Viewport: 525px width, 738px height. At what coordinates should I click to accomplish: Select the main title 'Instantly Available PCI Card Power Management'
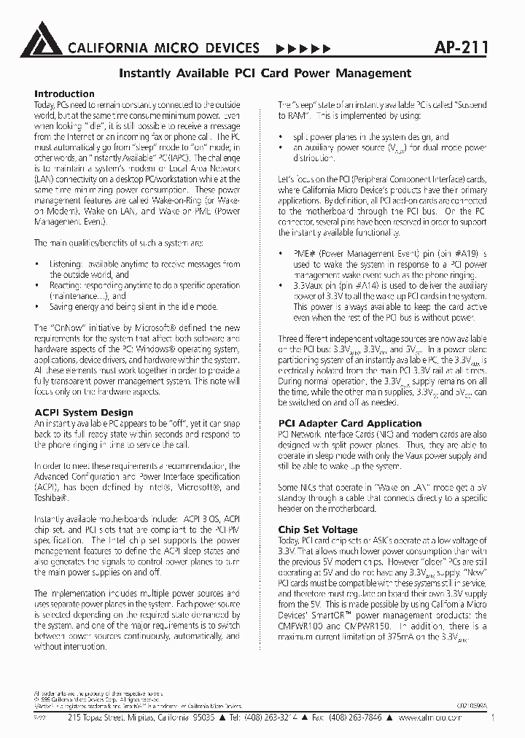click(x=265, y=73)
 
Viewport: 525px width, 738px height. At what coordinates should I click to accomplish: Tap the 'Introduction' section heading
click(x=64, y=94)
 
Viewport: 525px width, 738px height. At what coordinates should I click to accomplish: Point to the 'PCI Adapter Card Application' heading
click(x=350, y=424)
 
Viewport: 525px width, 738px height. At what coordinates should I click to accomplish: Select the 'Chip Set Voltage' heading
click(x=318, y=529)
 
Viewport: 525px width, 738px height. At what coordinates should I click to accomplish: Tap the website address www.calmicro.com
click(x=434, y=718)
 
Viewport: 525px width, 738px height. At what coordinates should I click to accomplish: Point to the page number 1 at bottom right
click(x=494, y=718)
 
